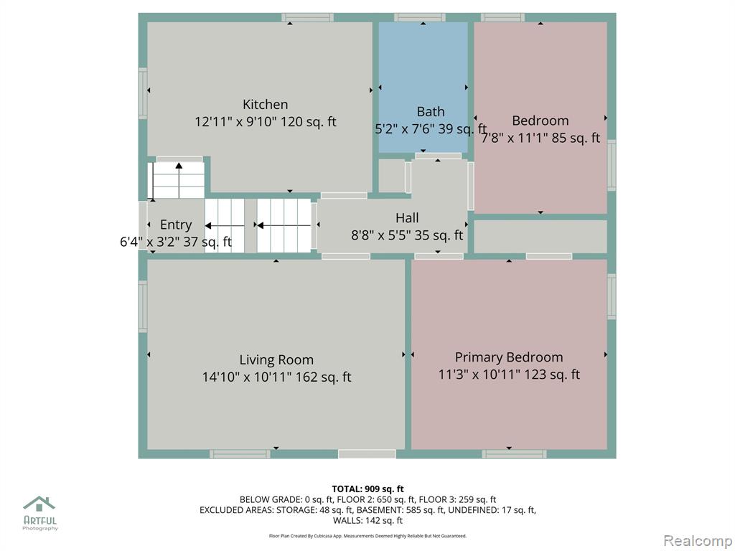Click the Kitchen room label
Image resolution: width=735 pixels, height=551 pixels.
[x=266, y=104]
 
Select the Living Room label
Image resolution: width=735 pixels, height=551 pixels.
[x=276, y=360]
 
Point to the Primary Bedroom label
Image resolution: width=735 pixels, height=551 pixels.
[x=509, y=357]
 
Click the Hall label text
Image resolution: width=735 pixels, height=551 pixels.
[x=407, y=218]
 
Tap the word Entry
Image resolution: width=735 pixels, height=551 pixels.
[x=176, y=225]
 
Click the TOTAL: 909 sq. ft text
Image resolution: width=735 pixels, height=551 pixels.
[x=367, y=489]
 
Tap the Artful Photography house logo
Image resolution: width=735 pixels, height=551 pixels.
[x=39, y=504]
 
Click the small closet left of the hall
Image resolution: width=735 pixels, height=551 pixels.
[x=391, y=176]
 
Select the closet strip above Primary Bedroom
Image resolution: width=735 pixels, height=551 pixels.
[x=540, y=237]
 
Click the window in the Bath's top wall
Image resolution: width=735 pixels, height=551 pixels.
[x=419, y=17]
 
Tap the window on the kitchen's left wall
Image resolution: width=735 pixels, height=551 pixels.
[x=143, y=93]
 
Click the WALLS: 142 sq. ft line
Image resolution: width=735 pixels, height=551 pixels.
[x=367, y=521]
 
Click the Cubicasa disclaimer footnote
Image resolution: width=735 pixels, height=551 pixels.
[x=367, y=536]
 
